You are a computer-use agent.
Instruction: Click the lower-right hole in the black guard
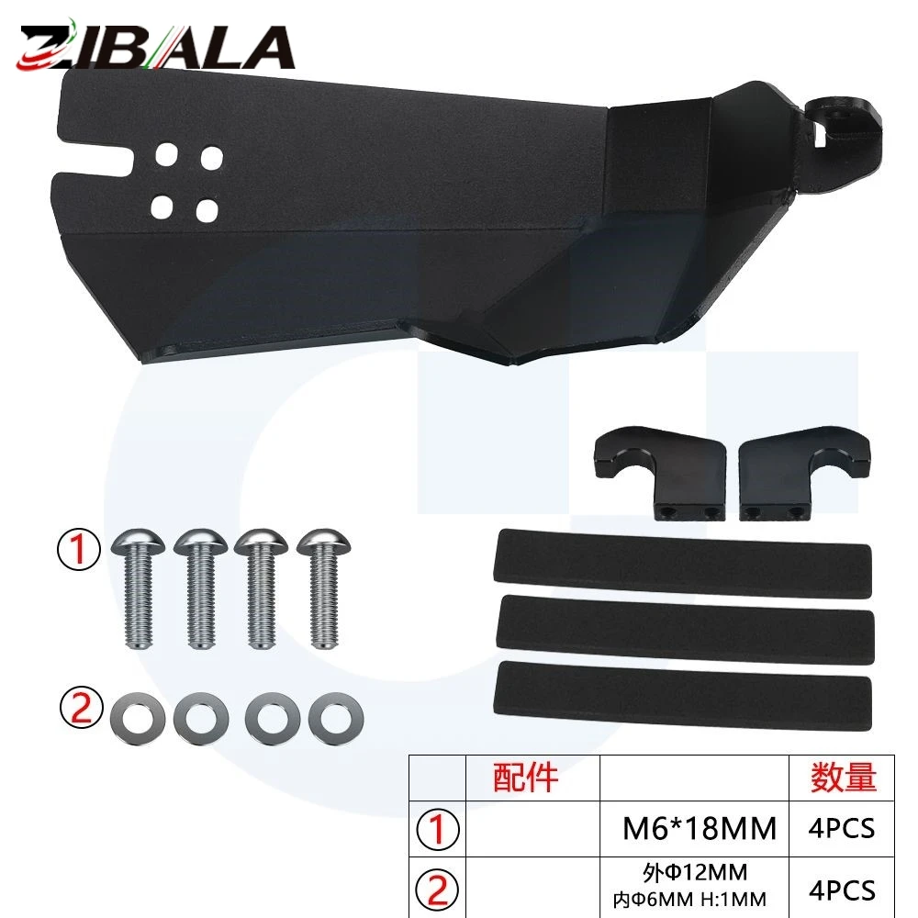point(207,211)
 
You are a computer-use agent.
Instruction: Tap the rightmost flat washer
point(336,719)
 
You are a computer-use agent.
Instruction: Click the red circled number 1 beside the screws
point(78,549)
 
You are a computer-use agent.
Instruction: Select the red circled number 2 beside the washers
point(82,707)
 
